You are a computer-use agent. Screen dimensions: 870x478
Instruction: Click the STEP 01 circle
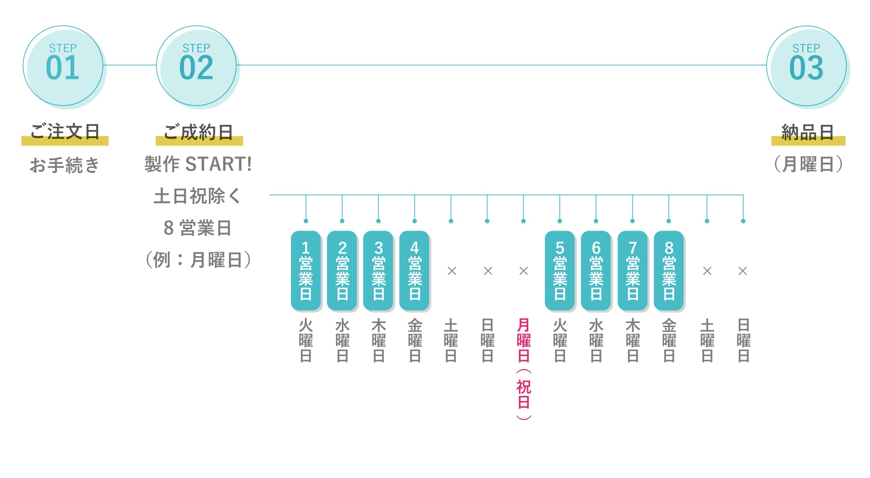click(63, 66)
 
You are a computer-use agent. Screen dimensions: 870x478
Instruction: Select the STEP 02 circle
click(197, 66)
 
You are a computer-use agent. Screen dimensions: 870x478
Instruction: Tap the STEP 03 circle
click(807, 66)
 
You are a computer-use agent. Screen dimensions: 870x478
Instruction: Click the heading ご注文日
click(65, 132)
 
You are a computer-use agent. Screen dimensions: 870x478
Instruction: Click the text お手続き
click(64, 165)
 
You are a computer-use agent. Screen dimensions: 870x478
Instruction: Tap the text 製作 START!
click(198, 165)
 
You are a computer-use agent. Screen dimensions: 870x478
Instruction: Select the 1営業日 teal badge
click(306, 270)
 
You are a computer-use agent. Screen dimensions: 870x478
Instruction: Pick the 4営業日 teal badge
click(414, 270)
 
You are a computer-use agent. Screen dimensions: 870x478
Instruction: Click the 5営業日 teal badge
click(560, 270)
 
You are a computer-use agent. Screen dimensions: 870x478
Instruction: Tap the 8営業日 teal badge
click(669, 270)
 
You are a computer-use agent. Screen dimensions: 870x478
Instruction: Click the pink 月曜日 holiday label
click(524, 340)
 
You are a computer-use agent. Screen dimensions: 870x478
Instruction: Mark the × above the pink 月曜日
click(524, 271)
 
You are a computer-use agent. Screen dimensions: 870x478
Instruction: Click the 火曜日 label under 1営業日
click(306, 340)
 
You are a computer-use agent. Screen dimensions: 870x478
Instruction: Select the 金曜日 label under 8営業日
click(669, 340)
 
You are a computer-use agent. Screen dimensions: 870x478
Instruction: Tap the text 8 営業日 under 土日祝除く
click(198, 228)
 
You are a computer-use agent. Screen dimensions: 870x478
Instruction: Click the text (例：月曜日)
click(198, 260)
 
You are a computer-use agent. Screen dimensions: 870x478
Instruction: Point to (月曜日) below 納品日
click(808, 165)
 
